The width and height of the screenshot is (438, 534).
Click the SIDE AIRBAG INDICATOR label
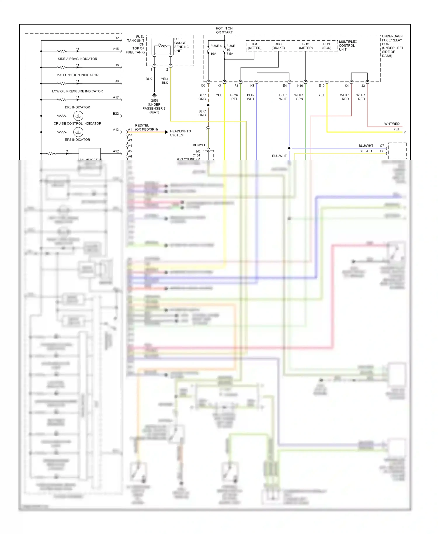tap(77, 59)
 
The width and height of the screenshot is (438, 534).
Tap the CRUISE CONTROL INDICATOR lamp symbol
tap(78, 116)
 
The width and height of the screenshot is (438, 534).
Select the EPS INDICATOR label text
tap(77, 140)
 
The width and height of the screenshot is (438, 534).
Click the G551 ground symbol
tap(154, 95)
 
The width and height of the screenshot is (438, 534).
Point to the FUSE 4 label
tap(216, 46)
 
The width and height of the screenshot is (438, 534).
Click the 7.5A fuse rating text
tap(230, 54)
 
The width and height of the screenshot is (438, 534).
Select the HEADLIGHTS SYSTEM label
tap(180, 133)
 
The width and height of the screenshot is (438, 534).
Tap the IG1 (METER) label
tap(255, 46)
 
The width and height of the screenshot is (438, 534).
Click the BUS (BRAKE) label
tap(278, 46)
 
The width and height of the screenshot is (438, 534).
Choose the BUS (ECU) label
tap(326, 46)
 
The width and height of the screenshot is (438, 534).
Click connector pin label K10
tap(300, 86)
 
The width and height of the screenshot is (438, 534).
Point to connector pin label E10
tap(321, 86)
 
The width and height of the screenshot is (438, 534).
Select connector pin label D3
tap(203, 86)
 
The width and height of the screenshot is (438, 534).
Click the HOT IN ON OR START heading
tap(224, 30)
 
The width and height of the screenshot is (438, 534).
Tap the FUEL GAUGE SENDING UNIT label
tap(181, 45)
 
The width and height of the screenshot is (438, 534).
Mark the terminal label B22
tap(116, 114)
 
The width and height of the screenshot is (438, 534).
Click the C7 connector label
tap(382, 145)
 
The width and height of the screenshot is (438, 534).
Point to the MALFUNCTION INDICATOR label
tap(77, 75)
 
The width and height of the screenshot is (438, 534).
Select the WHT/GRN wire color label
tap(299, 97)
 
